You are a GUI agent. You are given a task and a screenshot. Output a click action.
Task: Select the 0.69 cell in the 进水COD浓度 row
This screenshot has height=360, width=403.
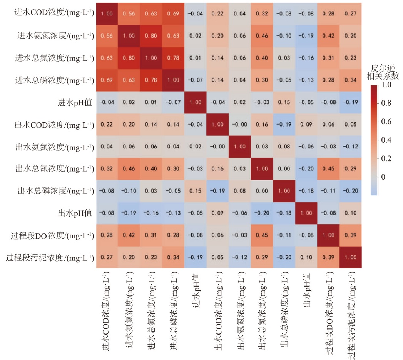[174, 13]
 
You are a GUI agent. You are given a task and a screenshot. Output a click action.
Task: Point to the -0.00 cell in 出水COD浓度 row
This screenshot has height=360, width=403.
[240, 125]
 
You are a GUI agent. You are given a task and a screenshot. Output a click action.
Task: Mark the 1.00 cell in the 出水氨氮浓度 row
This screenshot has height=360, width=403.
[240, 147]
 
